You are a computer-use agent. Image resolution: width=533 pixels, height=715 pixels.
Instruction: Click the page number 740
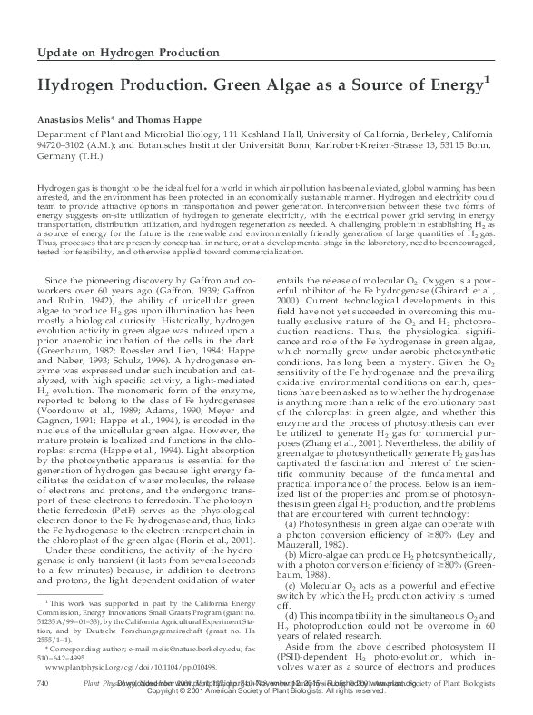pos(41,680)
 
